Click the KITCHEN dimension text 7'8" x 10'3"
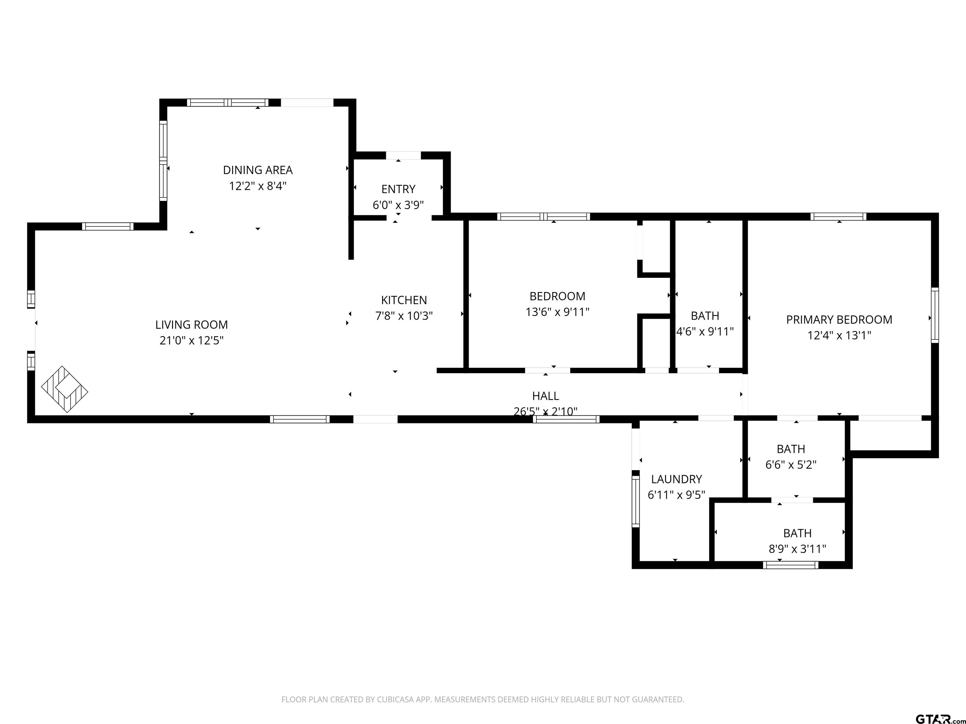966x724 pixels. click(404, 315)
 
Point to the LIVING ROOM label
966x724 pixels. click(192, 325)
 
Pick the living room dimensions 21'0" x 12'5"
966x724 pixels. click(192, 340)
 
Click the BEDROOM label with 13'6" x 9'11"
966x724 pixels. click(557, 296)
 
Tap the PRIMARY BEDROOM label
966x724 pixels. click(839, 320)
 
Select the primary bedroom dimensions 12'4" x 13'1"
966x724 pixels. click(839, 335)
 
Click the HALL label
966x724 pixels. click(546, 396)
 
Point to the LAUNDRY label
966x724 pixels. click(676, 479)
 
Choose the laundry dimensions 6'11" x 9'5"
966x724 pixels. click(676, 495)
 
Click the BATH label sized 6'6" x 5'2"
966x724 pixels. click(791, 449)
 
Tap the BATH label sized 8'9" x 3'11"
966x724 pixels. click(797, 533)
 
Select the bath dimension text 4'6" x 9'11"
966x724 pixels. click(705, 332)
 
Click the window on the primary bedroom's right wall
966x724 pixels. click(935, 315)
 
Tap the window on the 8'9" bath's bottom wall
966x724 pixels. click(791, 565)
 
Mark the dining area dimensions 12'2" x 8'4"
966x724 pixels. click(258, 186)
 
